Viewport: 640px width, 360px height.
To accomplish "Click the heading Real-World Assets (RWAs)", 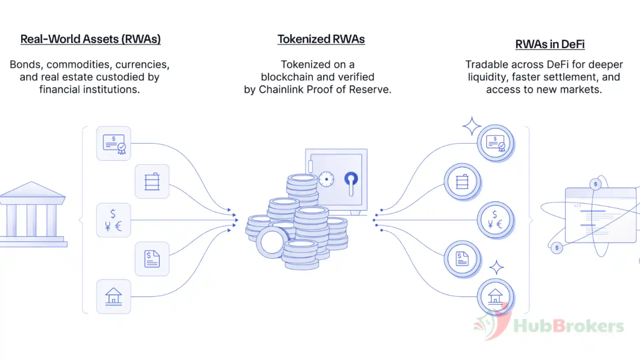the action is coord(90,39).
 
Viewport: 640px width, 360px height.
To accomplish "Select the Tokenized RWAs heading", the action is coord(321,39).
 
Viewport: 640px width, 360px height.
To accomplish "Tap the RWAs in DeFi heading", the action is coord(550,44).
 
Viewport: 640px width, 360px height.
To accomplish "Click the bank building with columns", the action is coord(33,214).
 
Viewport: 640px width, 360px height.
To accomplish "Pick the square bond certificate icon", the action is coord(114,143).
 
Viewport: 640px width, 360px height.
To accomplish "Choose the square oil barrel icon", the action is coord(152,181).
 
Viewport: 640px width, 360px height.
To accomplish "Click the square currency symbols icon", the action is coord(114,220).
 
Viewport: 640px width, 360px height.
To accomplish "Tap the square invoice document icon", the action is coord(152,259).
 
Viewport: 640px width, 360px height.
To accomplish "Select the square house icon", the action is coord(114,297).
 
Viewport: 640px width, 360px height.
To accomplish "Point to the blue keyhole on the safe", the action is coord(351,183).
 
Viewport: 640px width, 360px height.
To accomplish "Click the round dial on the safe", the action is coord(326,179).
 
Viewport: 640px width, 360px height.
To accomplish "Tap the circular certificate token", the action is coord(496,143).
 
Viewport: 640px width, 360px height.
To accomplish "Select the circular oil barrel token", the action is coord(463,182).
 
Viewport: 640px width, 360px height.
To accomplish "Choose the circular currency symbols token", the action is coord(496,220).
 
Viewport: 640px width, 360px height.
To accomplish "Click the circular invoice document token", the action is coord(463,259).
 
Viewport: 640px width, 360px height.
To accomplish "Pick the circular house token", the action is coord(496,297).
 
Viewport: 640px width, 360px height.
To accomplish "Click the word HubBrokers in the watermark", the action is coord(569,326).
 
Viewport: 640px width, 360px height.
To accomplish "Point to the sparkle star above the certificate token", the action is coord(472,126).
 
